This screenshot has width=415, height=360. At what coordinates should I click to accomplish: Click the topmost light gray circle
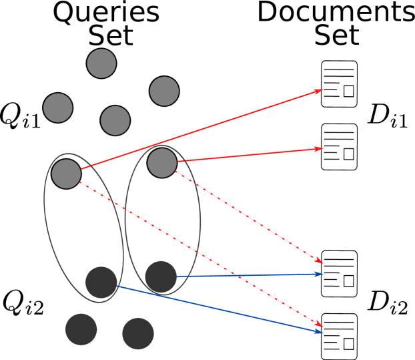(101, 63)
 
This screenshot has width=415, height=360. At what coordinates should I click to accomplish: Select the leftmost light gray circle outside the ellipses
(58, 108)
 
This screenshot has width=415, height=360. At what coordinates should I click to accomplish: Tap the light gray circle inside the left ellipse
(66, 174)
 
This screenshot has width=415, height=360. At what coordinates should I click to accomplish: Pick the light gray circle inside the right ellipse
(162, 163)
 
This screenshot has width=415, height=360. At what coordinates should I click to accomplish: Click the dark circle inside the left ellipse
(101, 283)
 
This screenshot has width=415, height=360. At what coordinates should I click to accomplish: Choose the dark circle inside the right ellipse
(161, 277)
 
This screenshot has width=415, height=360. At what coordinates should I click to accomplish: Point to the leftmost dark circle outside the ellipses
(81, 329)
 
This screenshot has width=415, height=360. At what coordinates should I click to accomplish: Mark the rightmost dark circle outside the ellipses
(138, 333)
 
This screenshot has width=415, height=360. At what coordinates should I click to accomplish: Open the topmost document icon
(339, 84)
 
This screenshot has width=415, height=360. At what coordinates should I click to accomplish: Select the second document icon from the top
(339, 147)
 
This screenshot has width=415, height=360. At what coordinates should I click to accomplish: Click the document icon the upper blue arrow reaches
(339, 274)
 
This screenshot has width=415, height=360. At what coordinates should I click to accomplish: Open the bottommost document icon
(339, 337)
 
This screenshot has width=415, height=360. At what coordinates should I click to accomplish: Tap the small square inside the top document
(348, 92)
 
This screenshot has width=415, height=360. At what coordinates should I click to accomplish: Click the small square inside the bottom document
(348, 344)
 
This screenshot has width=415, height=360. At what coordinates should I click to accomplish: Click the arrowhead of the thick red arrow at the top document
(318, 91)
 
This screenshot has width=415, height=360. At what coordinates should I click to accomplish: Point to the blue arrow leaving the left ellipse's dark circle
(220, 309)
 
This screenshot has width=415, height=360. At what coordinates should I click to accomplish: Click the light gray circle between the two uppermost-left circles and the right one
(115, 120)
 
